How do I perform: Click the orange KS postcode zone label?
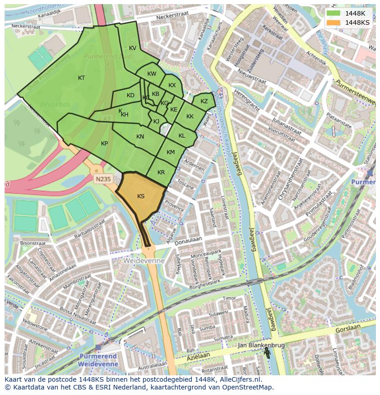(x=141, y=196)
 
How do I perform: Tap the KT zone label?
(x=81, y=78)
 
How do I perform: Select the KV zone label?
(x=133, y=48)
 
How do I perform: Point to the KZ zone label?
(x=204, y=101)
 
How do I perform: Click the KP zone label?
(x=104, y=144)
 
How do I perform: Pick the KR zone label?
(x=161, y=172)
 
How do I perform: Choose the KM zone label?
(x=171, y=152)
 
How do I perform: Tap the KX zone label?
(x=172, y=85)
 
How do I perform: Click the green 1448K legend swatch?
(x=334, y=13)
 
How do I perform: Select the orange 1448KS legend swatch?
(x=334, y=22)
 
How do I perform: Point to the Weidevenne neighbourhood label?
(x=144, y=261)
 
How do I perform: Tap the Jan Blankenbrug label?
(x=261, y=345)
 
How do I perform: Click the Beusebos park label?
(x=55, y=105)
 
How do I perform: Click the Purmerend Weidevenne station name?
(x=99, y=360)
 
